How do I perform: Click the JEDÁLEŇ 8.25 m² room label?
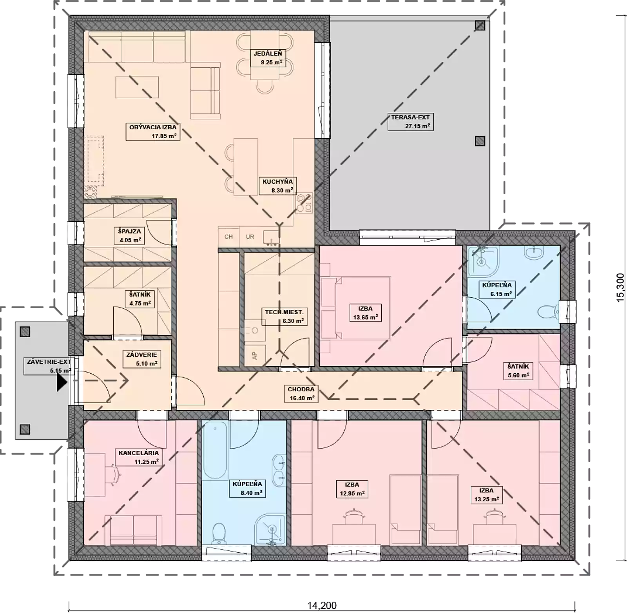click(268, 58)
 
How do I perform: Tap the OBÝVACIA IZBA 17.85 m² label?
click(153, 132)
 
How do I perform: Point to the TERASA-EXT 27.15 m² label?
click(410, 121)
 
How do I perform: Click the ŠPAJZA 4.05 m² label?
click(129, 236)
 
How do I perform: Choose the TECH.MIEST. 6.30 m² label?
click(285, 316)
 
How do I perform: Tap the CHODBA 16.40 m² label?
click(301, 394)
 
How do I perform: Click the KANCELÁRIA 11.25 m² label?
click(139, 457)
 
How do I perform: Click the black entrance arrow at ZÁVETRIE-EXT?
click(62, 382)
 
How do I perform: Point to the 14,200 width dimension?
click(322, 606)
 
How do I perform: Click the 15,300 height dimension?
click(620, 288)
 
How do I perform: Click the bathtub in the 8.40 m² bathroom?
click(215, 450)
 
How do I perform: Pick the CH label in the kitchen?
click(228, 237)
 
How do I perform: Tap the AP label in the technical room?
click(254, 356)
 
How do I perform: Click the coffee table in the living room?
click(137, 87)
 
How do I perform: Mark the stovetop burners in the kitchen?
click(304, 203)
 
